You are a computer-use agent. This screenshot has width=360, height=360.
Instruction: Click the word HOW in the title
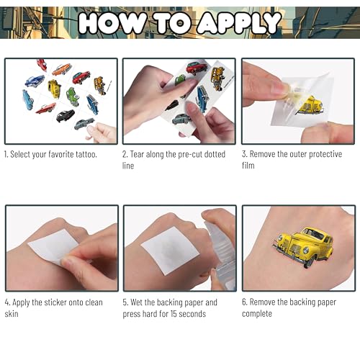[x=112, y=23]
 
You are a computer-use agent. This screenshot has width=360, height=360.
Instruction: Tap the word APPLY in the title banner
[x=239, y=23]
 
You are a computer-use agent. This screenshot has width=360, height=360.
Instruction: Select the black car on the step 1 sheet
[x=66, y=115]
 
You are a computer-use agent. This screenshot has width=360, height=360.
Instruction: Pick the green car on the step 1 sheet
[x=73, y=96]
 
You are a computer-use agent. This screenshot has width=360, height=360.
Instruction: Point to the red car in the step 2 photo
[x=197, y=68]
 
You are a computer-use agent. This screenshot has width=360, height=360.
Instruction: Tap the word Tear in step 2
[x=137, y=154]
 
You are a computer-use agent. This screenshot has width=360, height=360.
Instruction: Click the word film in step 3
[x=248, y=166]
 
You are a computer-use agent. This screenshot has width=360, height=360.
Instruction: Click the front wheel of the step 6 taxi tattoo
[x=309, y=262]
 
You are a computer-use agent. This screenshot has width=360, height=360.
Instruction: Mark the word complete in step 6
[x=257, y=314]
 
